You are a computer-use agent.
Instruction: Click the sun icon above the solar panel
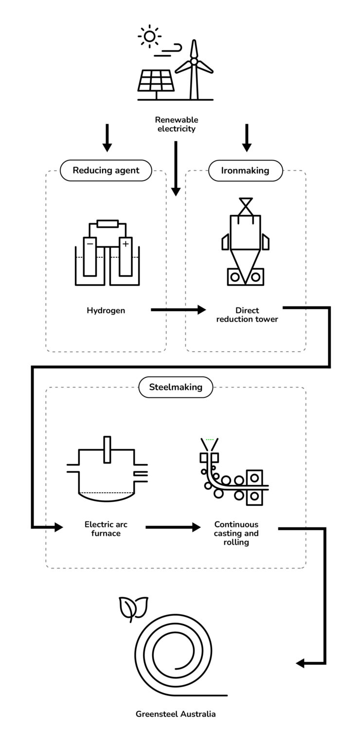(x=149, y=36)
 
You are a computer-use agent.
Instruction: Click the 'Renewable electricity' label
(x=176, y=124)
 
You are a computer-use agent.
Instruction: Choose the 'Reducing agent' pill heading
(x=106, y=170)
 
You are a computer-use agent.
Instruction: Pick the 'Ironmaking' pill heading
(x=246, y=170)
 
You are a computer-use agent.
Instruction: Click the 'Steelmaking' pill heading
(x=176, y=388)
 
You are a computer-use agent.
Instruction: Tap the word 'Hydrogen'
(x=106, y=310)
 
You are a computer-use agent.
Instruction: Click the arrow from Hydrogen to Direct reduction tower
(x=178, y=309)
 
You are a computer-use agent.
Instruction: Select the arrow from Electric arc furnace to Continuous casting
(x=173, y=527)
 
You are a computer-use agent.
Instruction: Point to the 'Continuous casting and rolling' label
(x=236, y=533)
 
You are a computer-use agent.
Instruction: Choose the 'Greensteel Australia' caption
(x=176, y=714)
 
